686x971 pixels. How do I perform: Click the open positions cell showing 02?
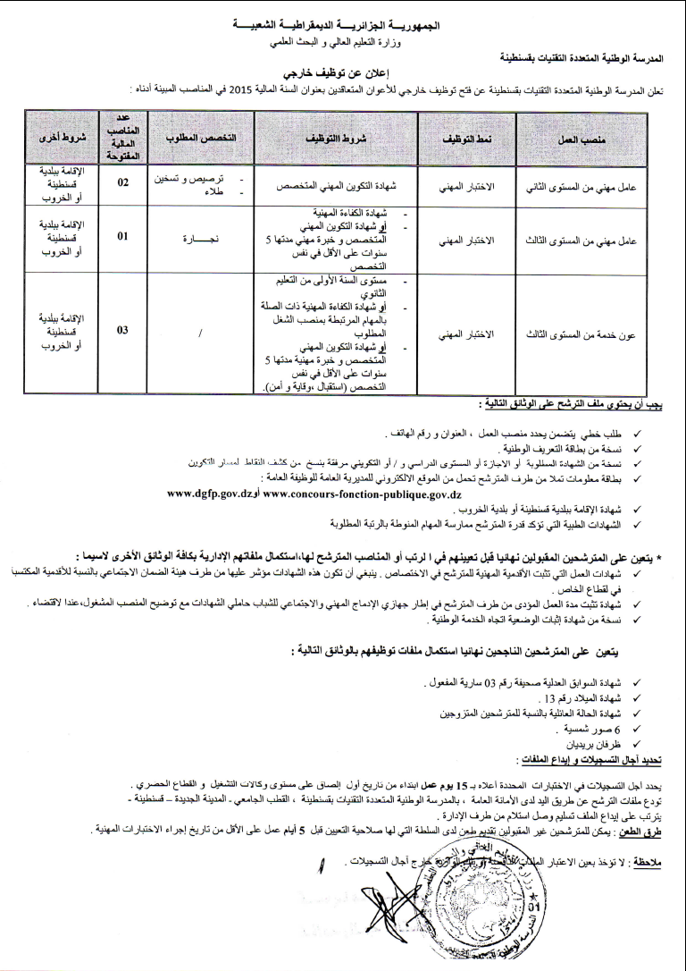click(x=123, y=182)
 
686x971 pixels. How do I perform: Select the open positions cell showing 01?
click(x=123, y=237)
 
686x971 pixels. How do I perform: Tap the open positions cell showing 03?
click(x=123, y=330)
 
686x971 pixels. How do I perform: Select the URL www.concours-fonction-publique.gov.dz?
click(x=363, y=493)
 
